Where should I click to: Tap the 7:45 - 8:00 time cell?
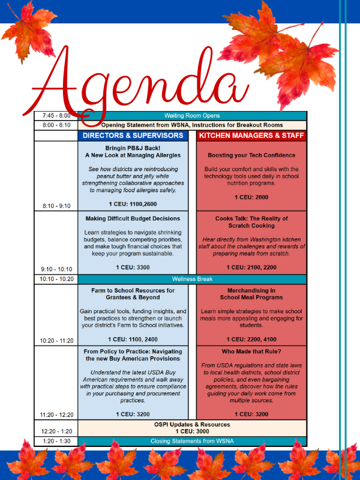coord(56,115)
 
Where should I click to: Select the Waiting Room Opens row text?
coord(192,115)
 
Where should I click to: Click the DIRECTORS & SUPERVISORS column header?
coord(133,136)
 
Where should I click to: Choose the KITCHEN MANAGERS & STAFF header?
coord(251,136)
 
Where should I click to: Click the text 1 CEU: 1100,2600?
coord(133,204)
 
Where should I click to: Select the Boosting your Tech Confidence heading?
coord(251,155)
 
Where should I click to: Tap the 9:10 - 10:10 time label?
coord(56,269)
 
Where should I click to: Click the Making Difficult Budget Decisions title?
coord(133,218)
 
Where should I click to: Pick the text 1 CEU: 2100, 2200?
coord(251,267)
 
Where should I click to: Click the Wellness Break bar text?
coord(192,279)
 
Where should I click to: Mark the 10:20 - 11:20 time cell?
coord(56,340)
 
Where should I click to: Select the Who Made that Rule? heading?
coord(251,352)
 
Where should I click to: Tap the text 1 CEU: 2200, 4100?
coord(251,339)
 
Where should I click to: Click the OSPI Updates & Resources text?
coord(192,424)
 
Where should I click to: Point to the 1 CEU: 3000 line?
coord(192,431)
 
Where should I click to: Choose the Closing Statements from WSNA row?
coord(192,441)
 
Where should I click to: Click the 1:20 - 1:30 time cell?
coord(56,441)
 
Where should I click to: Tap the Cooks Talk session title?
coord(251,222)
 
